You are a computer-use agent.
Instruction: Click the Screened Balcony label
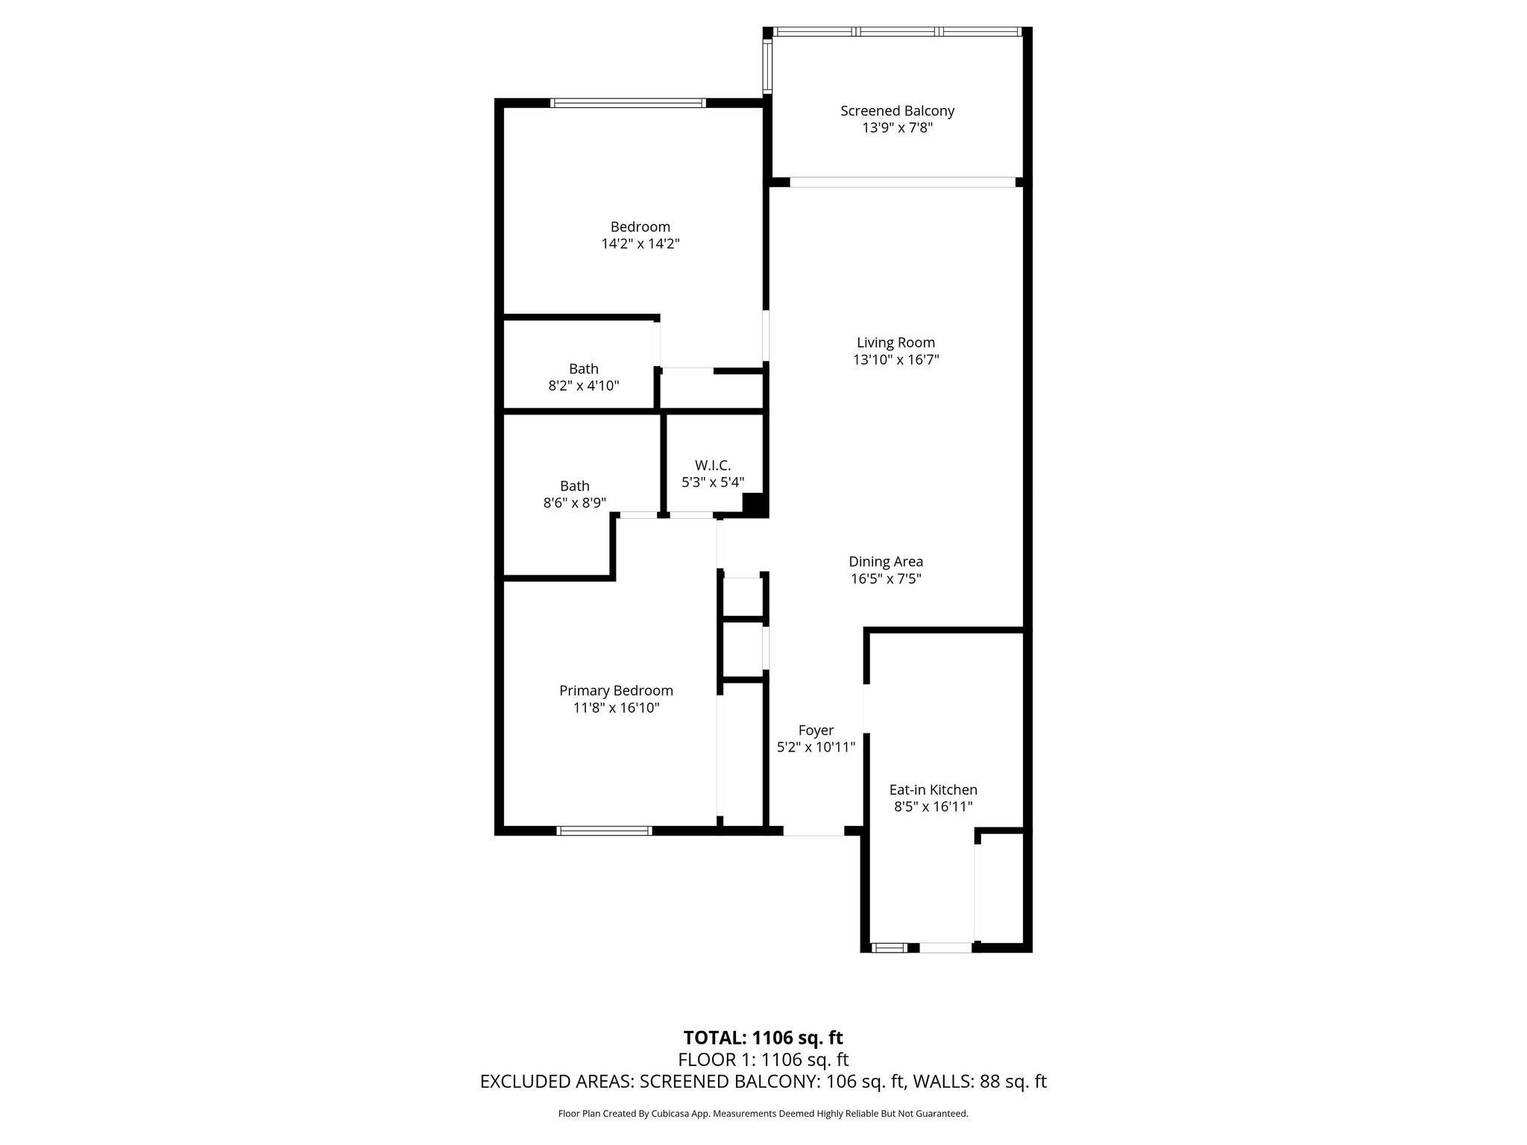[x=897, y=111]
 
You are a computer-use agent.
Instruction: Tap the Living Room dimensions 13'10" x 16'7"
[x=895, y=360]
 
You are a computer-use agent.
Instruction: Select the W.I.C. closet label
[x=713, y=465]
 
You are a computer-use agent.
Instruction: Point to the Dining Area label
[x=886, y=562]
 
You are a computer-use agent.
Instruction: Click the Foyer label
[x=816, y=731]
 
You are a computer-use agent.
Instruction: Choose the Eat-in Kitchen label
[x=933, y=790]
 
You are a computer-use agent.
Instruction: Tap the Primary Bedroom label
[x=616, y=691]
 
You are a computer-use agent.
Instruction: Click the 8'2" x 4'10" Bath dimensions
[x=584, y=386]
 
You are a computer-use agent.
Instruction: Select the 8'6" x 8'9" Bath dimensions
[x=574, y=503]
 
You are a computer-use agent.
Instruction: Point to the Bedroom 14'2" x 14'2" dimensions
[x=640, y=244]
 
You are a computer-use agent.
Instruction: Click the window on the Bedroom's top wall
[x=628, y=103]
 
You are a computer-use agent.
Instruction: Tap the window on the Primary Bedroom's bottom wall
[x=605, y=830]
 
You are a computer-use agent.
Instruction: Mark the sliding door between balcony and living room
[x=902, y=182]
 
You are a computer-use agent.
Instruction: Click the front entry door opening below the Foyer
[x=813, y=830]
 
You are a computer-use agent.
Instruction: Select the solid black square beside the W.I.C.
[x=755, y=505]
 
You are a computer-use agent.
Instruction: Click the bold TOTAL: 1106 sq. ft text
[x=763, y=1038]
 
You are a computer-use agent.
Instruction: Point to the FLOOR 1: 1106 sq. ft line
[x=763, y=1060]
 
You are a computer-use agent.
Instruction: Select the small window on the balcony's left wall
[x=766, y=65]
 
